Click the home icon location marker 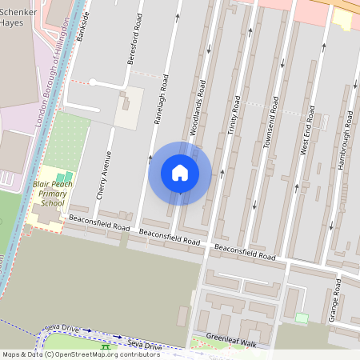pyautogui.click(x=180, y=173)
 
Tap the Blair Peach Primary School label pyautogui.click(x=53, y=194)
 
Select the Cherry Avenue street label pyautogui.click(x=102, y=174)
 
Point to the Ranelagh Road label pyautogui.click(x=161, y=99)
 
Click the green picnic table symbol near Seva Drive pyautogui.click(x=104, y=346)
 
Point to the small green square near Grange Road pyautogui.click(x=302, y=318)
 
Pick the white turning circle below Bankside pyautogui.click(x=93, y=82)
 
